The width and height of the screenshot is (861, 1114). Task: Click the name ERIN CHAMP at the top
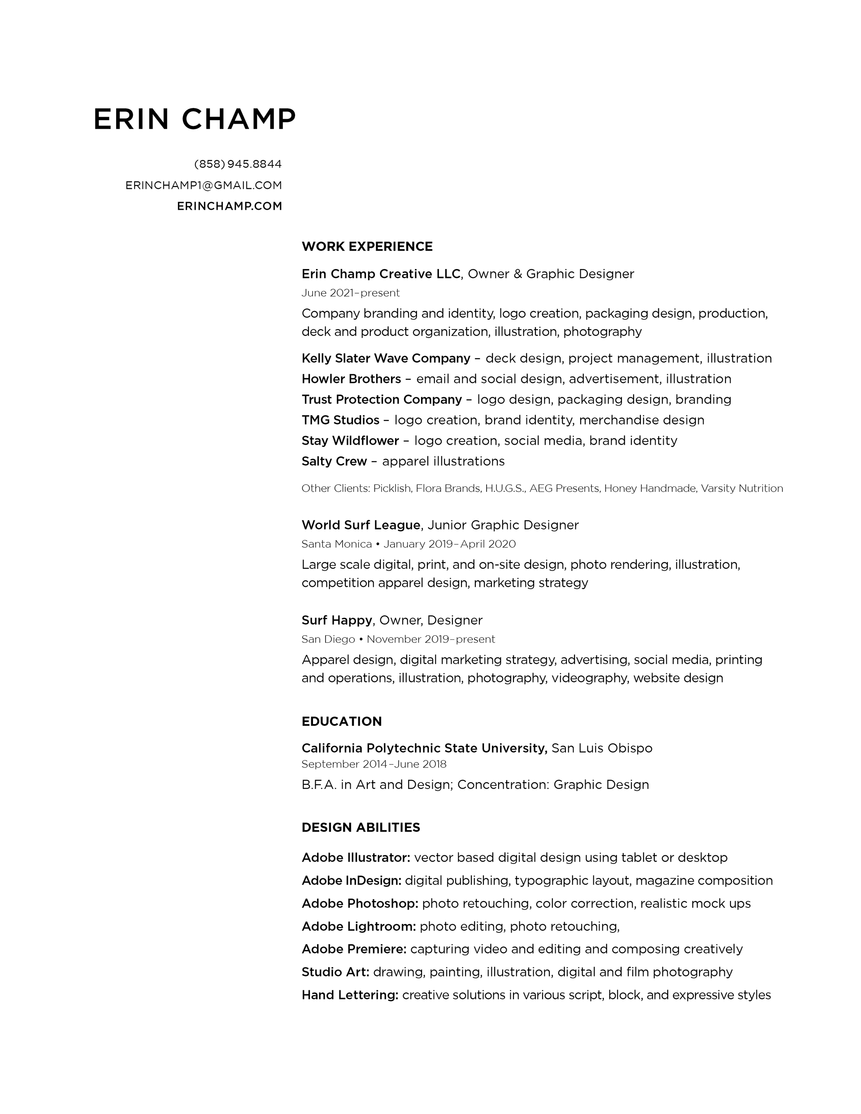click(195, 119)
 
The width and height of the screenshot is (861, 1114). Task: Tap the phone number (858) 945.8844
click(238, 164)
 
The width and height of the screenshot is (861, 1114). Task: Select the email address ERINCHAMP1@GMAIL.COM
click(204, 185)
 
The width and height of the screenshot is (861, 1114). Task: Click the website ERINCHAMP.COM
click(229, 206)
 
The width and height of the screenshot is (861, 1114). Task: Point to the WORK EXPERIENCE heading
click(367, 247)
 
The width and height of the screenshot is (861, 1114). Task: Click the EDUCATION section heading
click(341, 721)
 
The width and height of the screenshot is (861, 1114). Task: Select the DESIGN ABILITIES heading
click(361, 828)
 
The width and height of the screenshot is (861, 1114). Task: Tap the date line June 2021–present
click(350, 293)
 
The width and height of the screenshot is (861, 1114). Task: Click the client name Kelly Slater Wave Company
click(386, 358)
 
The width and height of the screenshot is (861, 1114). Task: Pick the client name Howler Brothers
click(351, 379)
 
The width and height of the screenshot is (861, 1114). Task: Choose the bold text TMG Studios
click(340, 420)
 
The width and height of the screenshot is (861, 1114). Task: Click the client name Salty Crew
click(334, 461)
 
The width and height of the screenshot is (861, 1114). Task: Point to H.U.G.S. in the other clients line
click(504, 488)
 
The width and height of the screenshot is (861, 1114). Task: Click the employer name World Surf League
click(361, 525)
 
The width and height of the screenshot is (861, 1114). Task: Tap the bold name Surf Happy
click(337, 620)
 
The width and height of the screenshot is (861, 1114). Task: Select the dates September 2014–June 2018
click(374, 764)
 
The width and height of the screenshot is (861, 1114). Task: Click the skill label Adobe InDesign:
click(351, 880)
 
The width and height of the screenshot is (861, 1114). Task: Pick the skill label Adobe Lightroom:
click(358, 926)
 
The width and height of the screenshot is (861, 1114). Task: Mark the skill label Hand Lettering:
click(350, 995)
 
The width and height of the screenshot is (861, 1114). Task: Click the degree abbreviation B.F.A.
click(319, 785)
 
